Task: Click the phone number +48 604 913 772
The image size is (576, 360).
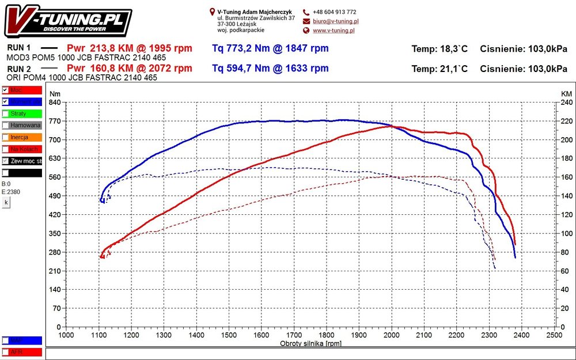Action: click(x=334, y=12)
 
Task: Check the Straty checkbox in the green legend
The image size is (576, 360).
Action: click(x=5, y=113)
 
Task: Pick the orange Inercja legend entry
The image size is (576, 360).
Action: click(x=22, y=137)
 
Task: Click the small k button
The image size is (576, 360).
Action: click(x=6, y=203)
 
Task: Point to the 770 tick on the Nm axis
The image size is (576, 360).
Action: click(x=55, y=121)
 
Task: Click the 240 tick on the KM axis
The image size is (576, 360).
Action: click(x=567, y=103)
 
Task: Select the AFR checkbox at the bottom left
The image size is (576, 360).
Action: click(x=5, y=352)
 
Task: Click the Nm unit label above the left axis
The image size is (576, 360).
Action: click(x=55, y=93)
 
